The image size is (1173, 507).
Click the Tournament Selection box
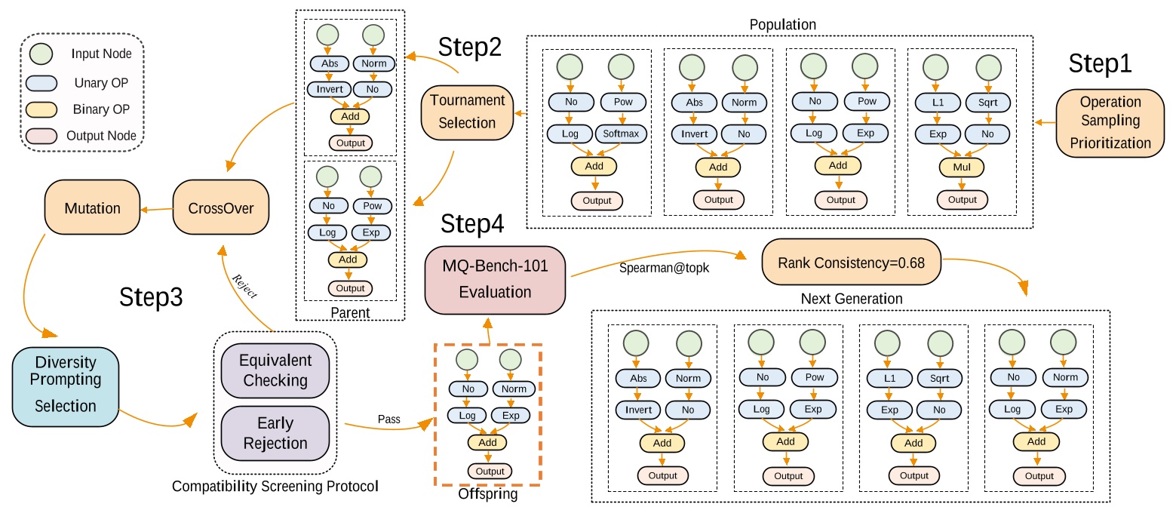[x=467, y=112]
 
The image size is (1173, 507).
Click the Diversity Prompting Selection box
[x=66, y=386]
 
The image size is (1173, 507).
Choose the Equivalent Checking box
[x=275, y=370]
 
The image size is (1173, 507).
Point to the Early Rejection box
[x=275, y=433]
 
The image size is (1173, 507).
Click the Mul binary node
[x=962, y=166]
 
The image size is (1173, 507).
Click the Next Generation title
[x=851, y=299]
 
